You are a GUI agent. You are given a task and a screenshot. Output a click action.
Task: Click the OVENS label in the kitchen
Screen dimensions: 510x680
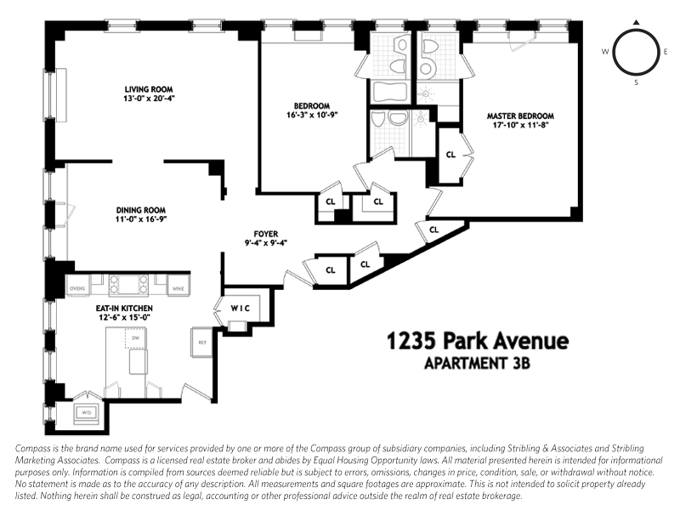click(x=78, y=289)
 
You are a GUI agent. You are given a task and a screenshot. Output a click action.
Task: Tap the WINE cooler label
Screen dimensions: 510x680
click(x=178, y=289)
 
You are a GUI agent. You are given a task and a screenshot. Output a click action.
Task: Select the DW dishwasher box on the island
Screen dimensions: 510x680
click(x=135, y=338)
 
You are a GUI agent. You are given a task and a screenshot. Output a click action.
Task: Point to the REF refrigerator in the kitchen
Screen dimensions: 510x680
click(x=202, y=342)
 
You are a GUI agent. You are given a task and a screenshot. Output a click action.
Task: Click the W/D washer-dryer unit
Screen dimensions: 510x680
click(x=86, y=413)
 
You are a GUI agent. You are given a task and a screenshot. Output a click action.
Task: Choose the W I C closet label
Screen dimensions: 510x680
click(x=238, y=307)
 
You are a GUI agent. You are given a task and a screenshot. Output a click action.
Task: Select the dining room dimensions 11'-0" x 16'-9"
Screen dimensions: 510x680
click(x=141, y=219)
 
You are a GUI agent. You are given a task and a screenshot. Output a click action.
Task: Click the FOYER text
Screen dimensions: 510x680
click(x=266, y=234)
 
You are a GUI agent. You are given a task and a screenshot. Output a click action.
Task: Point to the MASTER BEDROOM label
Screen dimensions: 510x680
click(x=520, y=116)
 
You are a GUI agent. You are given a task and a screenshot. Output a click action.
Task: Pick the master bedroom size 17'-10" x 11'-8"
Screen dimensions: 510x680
click(x=520, y=126)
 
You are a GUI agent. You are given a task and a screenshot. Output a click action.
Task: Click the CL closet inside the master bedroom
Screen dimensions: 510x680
click(x=450, y=155)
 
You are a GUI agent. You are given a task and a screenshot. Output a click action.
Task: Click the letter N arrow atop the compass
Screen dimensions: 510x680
click(x=636, y=22)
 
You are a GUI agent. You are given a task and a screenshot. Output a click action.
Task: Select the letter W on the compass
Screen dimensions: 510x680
click(x=605, y=52)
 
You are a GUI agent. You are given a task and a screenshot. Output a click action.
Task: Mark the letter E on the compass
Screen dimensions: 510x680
click(x=666, y=52)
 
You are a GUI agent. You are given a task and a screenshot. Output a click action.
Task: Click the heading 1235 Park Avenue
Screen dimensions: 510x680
click(x=476, y=342)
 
